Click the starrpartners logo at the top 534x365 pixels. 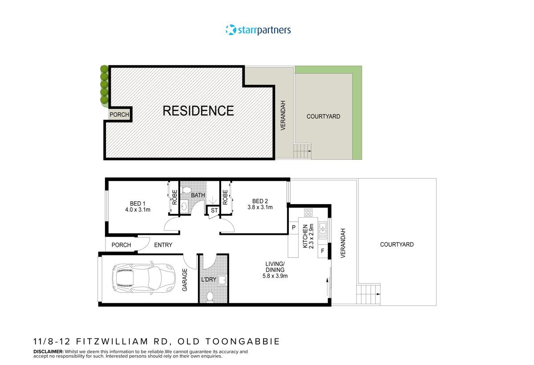point(258,30)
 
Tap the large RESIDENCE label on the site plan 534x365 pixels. point(198,111)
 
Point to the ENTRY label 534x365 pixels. point(163,245)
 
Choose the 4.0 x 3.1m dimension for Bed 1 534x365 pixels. point(138,210)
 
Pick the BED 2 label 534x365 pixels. point(260,201)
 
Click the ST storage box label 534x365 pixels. point(214,210)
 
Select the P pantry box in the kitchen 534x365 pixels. point(294,227)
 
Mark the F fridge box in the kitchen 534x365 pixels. point(322,251)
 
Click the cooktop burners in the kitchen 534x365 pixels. point(308,212)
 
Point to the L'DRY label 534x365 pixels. point(208,279)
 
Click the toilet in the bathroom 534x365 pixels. point(186,189)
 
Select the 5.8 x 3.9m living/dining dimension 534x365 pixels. point(275,276)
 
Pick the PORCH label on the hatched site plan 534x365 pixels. point(119,115)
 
